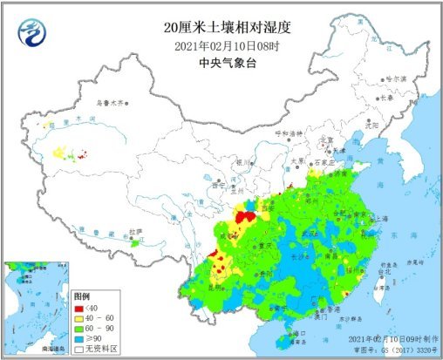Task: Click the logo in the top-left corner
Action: [x=31, y=32]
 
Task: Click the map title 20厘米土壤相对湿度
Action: [x=222, y=29]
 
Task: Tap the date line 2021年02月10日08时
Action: [x=221, y=46]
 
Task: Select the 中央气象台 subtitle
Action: [x=221, y=62]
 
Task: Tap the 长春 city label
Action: [x=389, y=98]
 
